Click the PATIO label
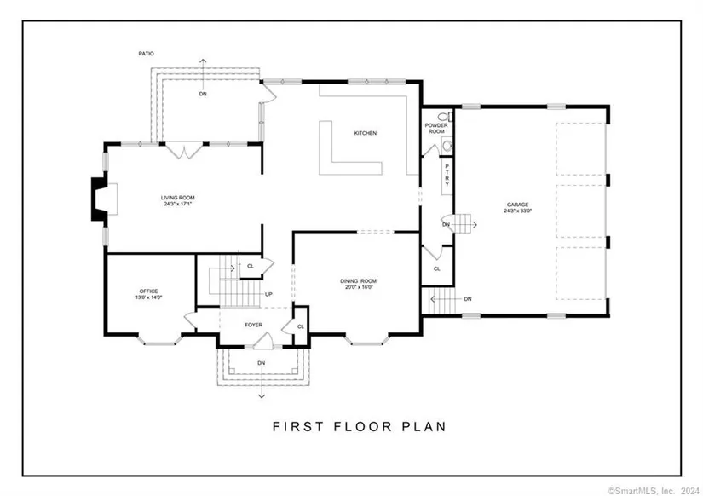pos(147,54)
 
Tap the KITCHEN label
pos(366,133)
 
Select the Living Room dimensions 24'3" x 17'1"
pos(179,204)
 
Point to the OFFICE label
pos(148,291)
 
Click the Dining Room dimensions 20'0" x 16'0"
pos(358,287)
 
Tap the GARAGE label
pos(518,205)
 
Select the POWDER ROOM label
pos(436,128)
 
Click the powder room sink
pos(447,145)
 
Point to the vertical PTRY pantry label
pos(447,176)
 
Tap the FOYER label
pos(254,325)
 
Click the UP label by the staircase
pos(268,294)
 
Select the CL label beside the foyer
pos(301,326)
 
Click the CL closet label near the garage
pos(436,268)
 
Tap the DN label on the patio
pos(203,95)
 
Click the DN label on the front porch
pos(262,363)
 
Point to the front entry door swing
pos(263,341)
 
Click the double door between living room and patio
pos(184,150)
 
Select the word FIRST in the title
pos(297,426)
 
